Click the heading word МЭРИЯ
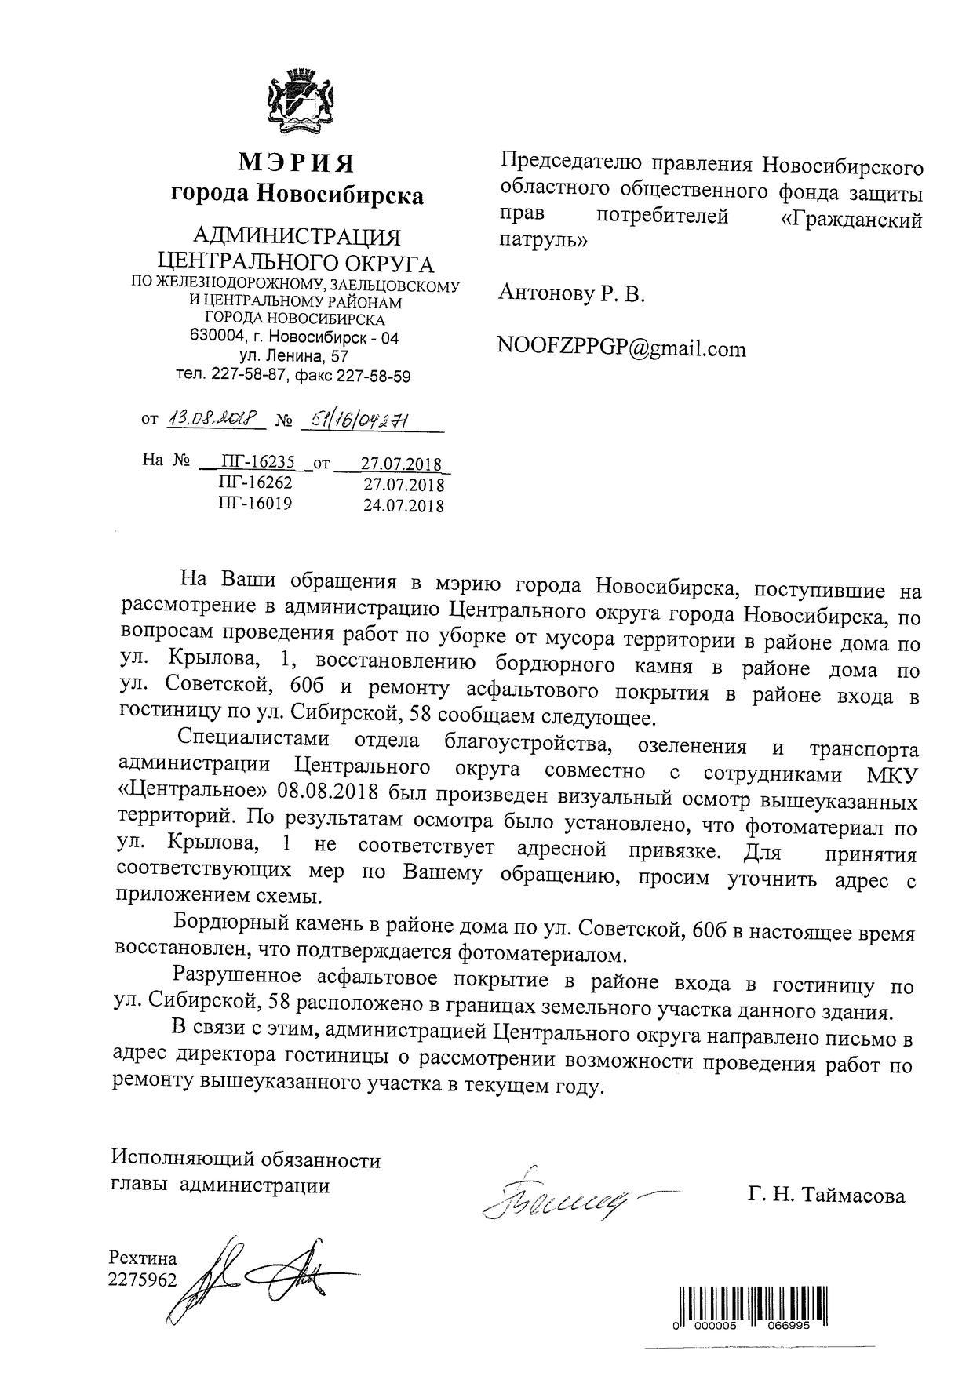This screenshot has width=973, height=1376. tap(297, 163)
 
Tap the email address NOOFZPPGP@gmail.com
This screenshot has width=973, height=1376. tap(621, 348)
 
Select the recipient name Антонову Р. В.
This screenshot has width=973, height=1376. tap(571, 294)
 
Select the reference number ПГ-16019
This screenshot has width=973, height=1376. tap(255, 504)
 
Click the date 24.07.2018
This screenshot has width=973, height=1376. tap(403, 505)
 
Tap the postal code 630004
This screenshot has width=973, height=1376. tap(214, 337)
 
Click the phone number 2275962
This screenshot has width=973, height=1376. tap(144, 1280)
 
